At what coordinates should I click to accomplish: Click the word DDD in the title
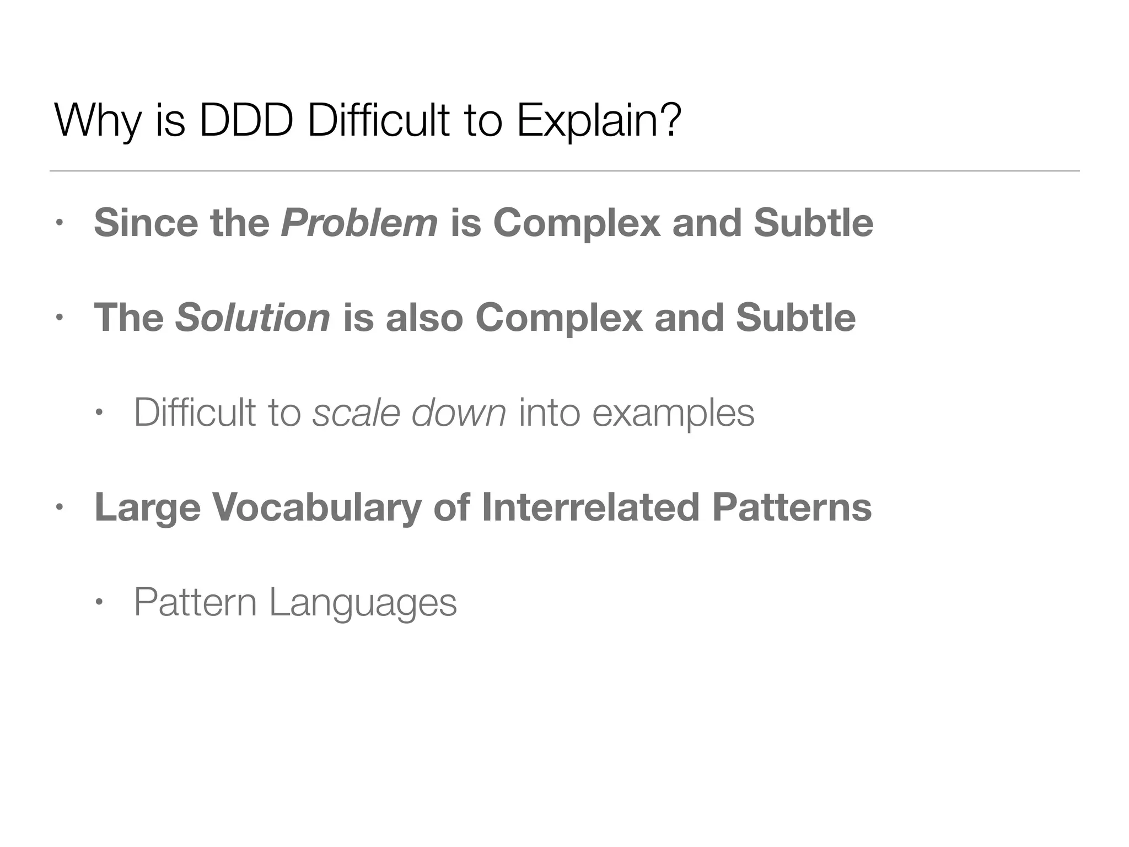tap(246, 121)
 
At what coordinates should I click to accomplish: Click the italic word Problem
tap(359, 223)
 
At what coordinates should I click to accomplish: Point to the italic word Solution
tap(252, 318)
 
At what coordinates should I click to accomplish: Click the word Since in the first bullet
tap(146, 223)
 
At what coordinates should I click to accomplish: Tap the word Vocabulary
tap(317, 507)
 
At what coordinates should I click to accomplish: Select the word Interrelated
tap(590, 507)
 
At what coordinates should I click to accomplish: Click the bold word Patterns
tap(792, 507)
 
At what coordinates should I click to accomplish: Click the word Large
tap(147, 507)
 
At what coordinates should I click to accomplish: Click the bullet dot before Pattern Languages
tap(99, 602)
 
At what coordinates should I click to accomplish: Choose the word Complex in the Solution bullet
tap(558, 318)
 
